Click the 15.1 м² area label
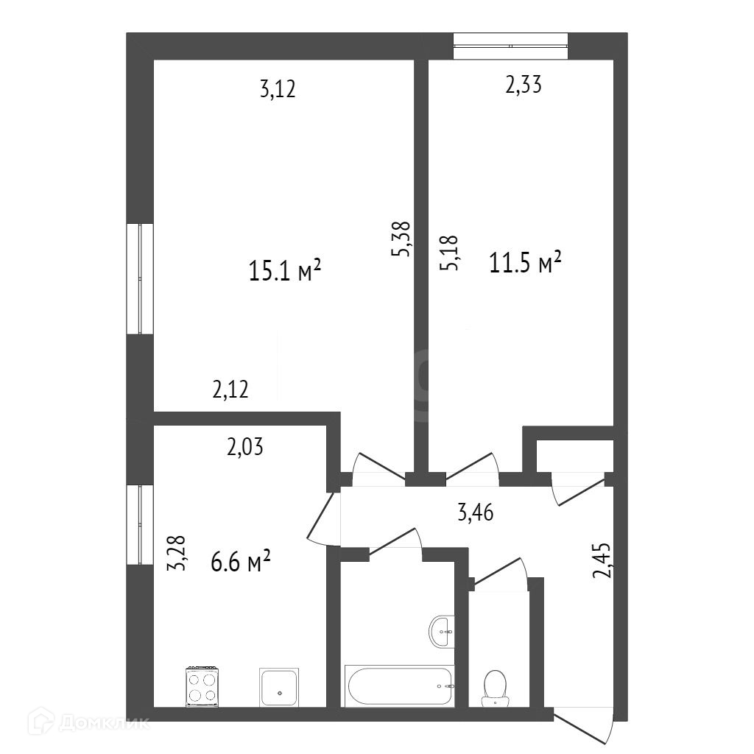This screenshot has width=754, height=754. click(285, 270)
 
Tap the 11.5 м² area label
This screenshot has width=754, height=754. click(525, 263)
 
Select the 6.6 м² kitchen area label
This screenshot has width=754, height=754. click(241, 561)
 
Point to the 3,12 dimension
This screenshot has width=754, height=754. click(278, 89)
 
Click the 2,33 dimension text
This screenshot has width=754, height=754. click(524, 85)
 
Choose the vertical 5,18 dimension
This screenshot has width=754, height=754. click(449, 253)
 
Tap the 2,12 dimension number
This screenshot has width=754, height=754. click(230, 389)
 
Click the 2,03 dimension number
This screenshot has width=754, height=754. click(244, 447)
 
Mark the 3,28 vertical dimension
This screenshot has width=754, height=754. click(176, 553)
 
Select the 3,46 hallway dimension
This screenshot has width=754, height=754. click(475, 512)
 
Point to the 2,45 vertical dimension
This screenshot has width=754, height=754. click(602, 560)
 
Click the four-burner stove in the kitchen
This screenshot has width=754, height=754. click(203, 687)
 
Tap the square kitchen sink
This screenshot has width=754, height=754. click(279, 687)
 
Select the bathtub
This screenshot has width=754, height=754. click(399, 686)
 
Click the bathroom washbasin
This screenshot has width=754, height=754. click(442, 632)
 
